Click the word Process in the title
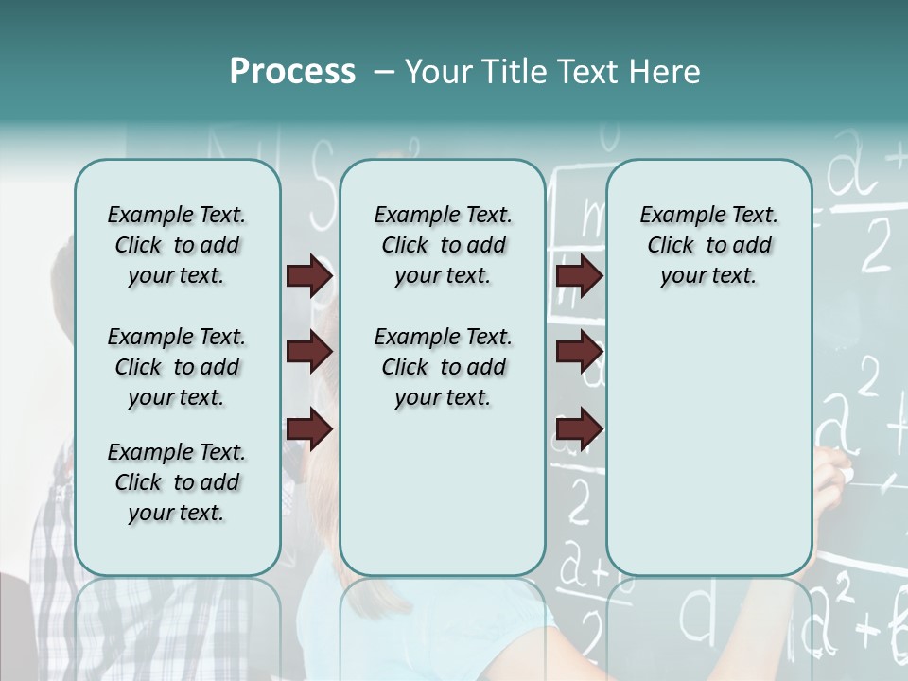pos(292,72)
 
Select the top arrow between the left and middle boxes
pos(309,276)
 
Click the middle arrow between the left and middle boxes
pos(309,353)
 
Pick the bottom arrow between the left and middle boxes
pos(309,429)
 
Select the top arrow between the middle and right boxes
pos(580,276)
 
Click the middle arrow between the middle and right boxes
pos(580,353)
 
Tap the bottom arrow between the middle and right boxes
pos(580,429)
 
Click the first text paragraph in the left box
pos(177,245)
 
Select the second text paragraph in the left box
pos(177,367)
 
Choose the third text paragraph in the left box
pos(177,482)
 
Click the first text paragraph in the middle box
pos(443,245)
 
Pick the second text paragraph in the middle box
pos(443,367)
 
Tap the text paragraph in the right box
pos(708,245)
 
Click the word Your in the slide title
pos(433,72)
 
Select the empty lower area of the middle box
pos(443,492)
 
